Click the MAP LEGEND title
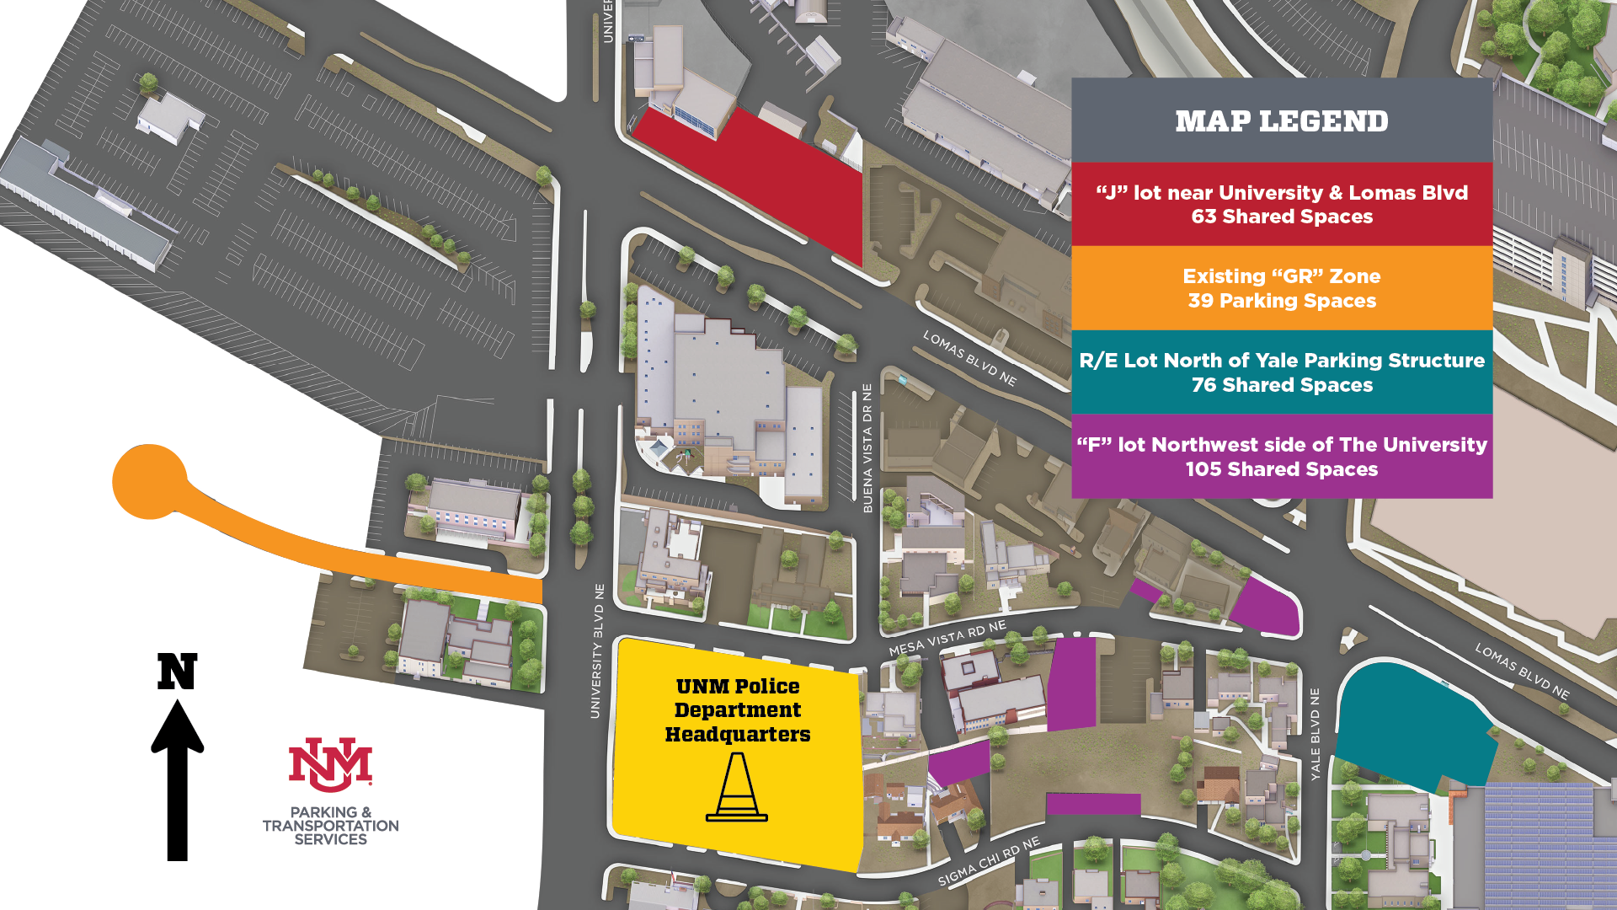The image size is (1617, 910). pyautogui.click(x=1281, y=121)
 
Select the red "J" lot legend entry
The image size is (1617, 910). pyautogui.click(x=1281, y=205)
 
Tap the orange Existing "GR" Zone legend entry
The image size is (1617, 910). pyautogui.click(x=1281, y=288)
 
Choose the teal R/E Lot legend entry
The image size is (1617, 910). pyautogui.click(x=1281, y=372)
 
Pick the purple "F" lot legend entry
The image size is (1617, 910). pyautogui.click(x=1281, y=457)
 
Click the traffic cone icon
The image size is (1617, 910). pyautogui.click(x=737, y=787)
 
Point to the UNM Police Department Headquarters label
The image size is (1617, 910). pyautogui.click(x=737, y=710)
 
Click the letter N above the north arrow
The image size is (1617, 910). pyautogui.click(x=177, y=672)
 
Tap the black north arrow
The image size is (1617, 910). pyautogui.click(x=177, y=779)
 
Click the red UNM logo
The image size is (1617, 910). pyautogui.click(x=330, y=765)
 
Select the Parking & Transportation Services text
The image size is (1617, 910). pyautogui.click(x=330, y=826)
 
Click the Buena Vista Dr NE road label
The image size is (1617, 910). pyautogui.click(x=867, y=448)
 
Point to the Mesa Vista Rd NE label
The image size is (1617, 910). pyautogui.click(x=947, y=639)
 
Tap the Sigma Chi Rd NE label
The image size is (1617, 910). pyautogui.click(x=990, y=861)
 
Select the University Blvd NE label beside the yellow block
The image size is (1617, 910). pyautogui.click(x=597, y=651)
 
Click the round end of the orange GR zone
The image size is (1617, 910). pyautogui.click(x=149, y=481)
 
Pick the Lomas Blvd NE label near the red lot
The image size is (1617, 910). pyautogui.click(x=969, y=358)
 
